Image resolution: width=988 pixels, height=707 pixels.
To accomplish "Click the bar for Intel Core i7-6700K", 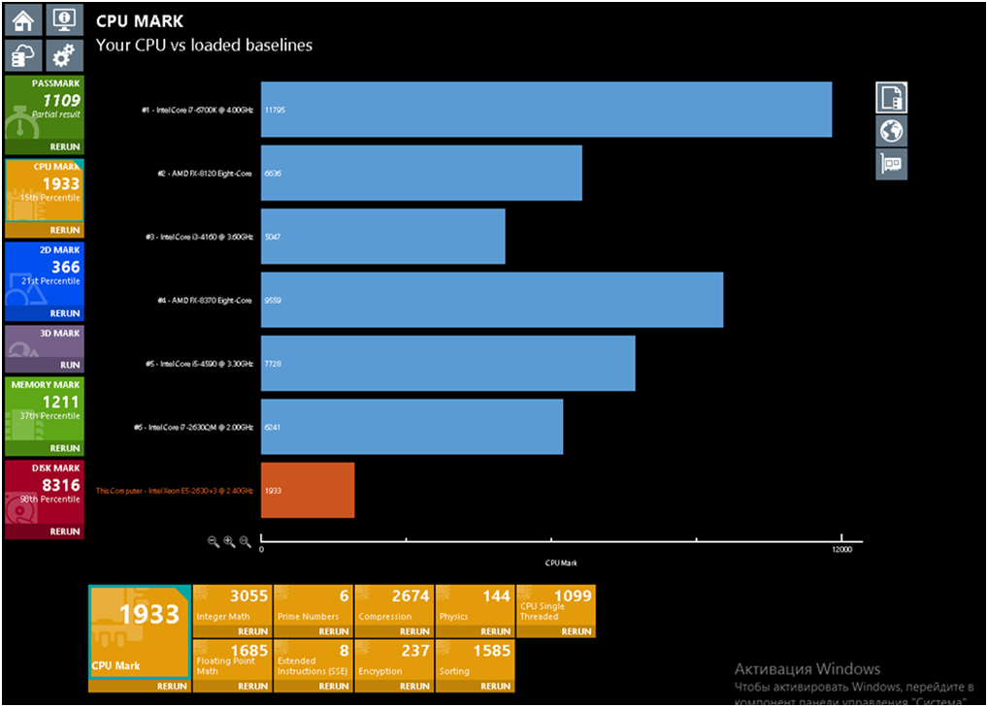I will tap(545, 110).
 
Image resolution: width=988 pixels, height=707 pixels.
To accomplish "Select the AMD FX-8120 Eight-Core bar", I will tap(421, 173).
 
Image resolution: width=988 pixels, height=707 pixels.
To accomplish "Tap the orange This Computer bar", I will tap(308, 491).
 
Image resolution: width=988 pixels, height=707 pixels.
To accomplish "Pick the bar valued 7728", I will tap(447, 363).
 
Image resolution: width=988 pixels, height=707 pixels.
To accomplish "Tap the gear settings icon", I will tap(65, 54).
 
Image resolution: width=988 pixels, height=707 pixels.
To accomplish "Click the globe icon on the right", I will tap(891, 130).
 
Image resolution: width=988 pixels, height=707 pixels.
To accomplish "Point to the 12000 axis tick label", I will tap(841, 550).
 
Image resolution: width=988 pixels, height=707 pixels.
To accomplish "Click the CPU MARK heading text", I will tap(140, 21).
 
